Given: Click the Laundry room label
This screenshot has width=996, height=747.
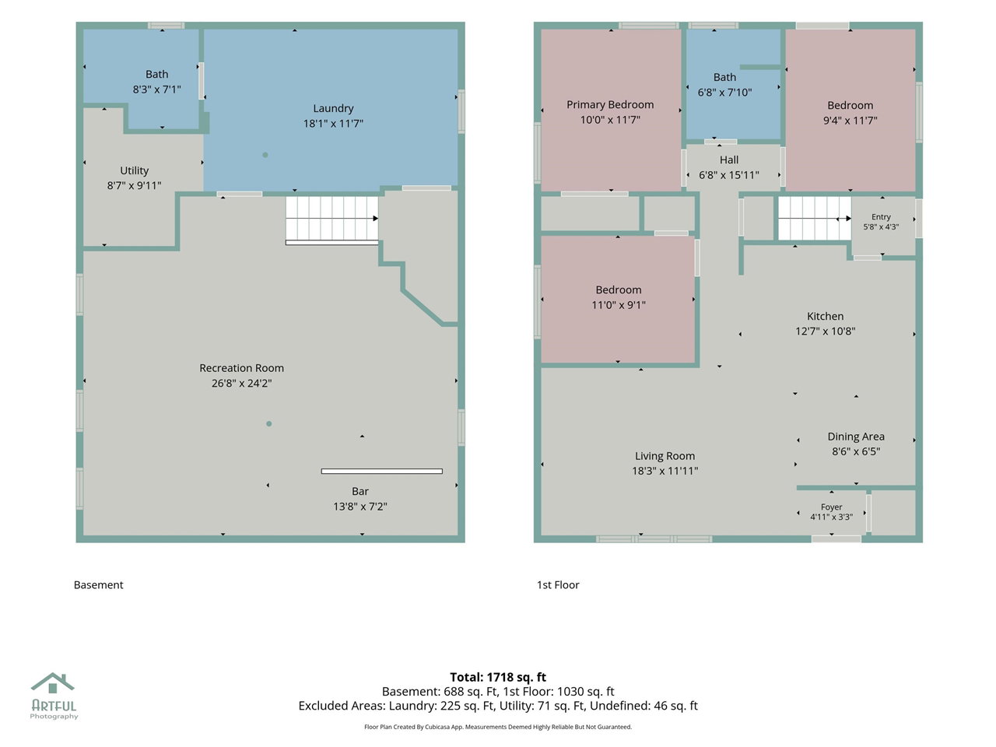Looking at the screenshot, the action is click(x=333, y=108).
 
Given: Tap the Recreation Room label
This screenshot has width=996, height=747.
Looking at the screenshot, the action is click(x=241, y=368).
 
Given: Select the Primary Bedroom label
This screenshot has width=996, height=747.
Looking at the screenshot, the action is click(x=610, y=105).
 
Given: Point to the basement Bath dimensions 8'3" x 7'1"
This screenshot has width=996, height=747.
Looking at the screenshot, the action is click(x=156, y=89).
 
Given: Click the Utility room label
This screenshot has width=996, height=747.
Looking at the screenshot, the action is click(x=134, y=170).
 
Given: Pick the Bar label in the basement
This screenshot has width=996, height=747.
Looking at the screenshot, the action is click(x=359, y=491).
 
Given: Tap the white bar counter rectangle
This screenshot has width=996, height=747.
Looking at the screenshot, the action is click(x=381, y=472).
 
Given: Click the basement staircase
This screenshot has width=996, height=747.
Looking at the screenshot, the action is click(x=331, y=220).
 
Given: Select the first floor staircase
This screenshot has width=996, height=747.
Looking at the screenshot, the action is click(x=815, y=218).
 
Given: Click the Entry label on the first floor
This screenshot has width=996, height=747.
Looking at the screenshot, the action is click(x=881, y=217).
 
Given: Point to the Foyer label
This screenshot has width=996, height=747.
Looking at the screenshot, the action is click(x=831, y=507).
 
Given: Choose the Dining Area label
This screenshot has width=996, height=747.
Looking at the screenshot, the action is click(x=856, y=437).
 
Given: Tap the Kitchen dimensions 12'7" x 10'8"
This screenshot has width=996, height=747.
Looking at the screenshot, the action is click(x=825, y=331).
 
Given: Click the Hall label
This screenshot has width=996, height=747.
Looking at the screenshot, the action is click(x=729, y=160).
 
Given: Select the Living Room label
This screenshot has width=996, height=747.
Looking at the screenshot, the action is click(x=665, y=456).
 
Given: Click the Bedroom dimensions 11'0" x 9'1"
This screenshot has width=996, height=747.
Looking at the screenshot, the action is click(x=618, y=305).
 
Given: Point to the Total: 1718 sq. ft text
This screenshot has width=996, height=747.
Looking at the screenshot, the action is click(x=498, y=677).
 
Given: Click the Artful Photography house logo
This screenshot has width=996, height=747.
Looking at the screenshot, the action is click(x=53, y=683).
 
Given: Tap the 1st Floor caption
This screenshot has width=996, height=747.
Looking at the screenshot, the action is click(x=558, y=584).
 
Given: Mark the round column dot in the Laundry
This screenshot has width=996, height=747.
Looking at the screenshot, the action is click(x=265, y=155).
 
